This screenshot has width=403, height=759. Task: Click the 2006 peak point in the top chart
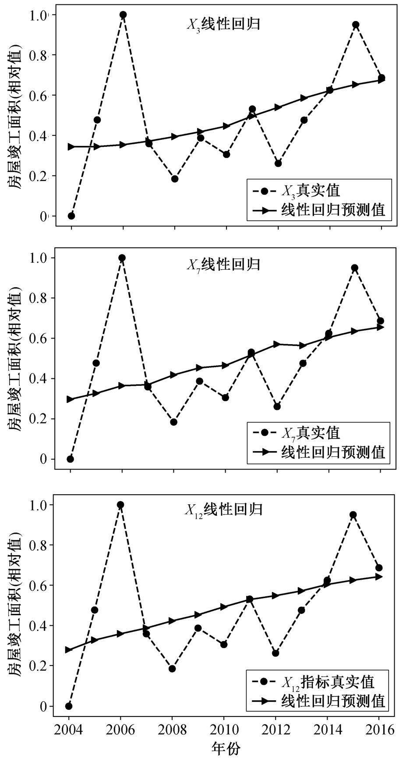(123, 15)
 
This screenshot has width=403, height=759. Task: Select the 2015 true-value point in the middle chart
(355, 268)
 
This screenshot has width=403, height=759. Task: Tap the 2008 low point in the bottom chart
(172, 669)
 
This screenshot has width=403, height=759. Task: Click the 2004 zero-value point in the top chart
(71, 216)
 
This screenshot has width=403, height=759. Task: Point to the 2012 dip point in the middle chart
(277, 406)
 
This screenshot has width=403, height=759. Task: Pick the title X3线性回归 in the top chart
(223, 24)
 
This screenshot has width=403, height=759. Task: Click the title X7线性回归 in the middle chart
(223, 265)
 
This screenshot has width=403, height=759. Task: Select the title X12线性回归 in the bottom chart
(223, 510)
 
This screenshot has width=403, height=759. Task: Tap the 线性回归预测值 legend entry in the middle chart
(333, 452)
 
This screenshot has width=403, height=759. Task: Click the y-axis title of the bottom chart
(15, 605)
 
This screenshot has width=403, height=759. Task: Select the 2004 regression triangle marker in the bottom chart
(69, 650)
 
